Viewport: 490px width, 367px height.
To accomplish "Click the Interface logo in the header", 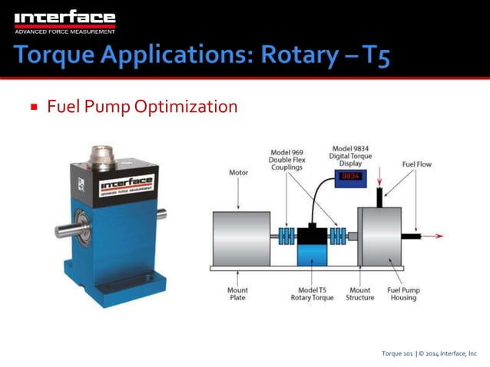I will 65,21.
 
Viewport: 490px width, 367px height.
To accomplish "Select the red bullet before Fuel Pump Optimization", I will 35,107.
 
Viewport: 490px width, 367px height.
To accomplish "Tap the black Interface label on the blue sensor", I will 126,184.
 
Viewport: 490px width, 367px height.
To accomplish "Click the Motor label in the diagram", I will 239,173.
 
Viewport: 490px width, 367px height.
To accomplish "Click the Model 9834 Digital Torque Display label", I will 349,154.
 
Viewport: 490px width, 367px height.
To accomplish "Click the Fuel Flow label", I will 416,164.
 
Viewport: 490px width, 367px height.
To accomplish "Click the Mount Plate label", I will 237,294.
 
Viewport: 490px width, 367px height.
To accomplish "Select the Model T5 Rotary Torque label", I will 312,294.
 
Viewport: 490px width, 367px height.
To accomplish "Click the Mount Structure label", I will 359,294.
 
